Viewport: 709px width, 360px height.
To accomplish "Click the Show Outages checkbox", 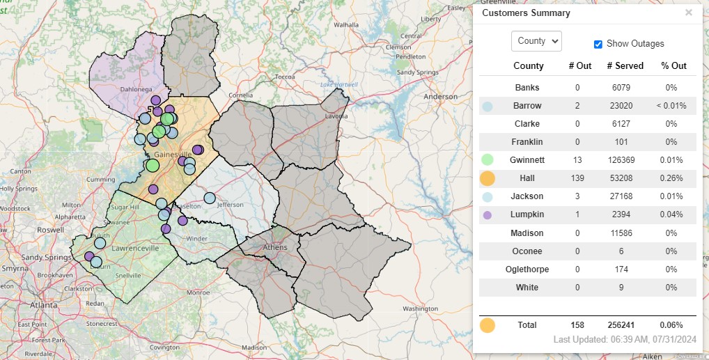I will point(598,44).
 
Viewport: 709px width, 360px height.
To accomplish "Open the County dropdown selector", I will point(536,41).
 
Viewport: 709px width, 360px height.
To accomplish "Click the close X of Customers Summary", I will point(689,13).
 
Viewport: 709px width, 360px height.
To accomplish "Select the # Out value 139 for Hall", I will point(579,178).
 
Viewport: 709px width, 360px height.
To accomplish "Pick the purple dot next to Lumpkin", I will point(488,214).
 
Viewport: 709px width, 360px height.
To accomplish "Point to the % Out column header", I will point(673,65).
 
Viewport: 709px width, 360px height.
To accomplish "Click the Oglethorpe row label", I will point(528,269).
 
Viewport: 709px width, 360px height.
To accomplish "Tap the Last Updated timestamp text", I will point(625,339).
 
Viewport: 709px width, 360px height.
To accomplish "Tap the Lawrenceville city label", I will point(132,248).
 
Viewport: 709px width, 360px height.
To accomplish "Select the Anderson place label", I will point(440,97).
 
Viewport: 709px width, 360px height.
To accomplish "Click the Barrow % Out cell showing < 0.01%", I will point(671,106).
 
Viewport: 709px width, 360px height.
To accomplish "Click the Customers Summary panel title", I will point(526,13).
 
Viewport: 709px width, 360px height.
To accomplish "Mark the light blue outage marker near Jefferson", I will point(210,198).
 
